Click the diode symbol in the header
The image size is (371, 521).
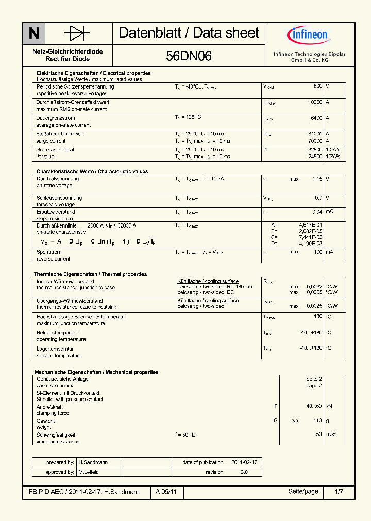pos(77,33)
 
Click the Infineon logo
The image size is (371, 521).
pos(308,35)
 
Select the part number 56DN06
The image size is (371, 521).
pos(189,56)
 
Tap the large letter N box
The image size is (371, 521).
pos(34,33)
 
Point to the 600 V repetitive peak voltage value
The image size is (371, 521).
pos(317,86)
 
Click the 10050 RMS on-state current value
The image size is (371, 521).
pos(315,102)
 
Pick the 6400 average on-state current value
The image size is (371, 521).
pos(316,118)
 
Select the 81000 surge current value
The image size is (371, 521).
pos(315,134)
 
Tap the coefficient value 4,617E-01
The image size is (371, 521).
pos(311,225)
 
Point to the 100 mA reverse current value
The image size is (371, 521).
pos(317,252)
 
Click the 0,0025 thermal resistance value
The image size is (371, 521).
pos(314,306)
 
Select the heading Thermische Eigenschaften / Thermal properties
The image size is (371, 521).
pos(90,274)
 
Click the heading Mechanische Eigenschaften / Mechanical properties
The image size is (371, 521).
pos(96,372)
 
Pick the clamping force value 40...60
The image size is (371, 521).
pos(314,406)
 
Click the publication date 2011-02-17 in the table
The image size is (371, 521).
pos(244,462)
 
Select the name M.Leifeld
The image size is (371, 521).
pos(88,472)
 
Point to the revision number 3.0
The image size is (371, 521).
pos(244,472)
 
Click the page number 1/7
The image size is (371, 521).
pos(338,492)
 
